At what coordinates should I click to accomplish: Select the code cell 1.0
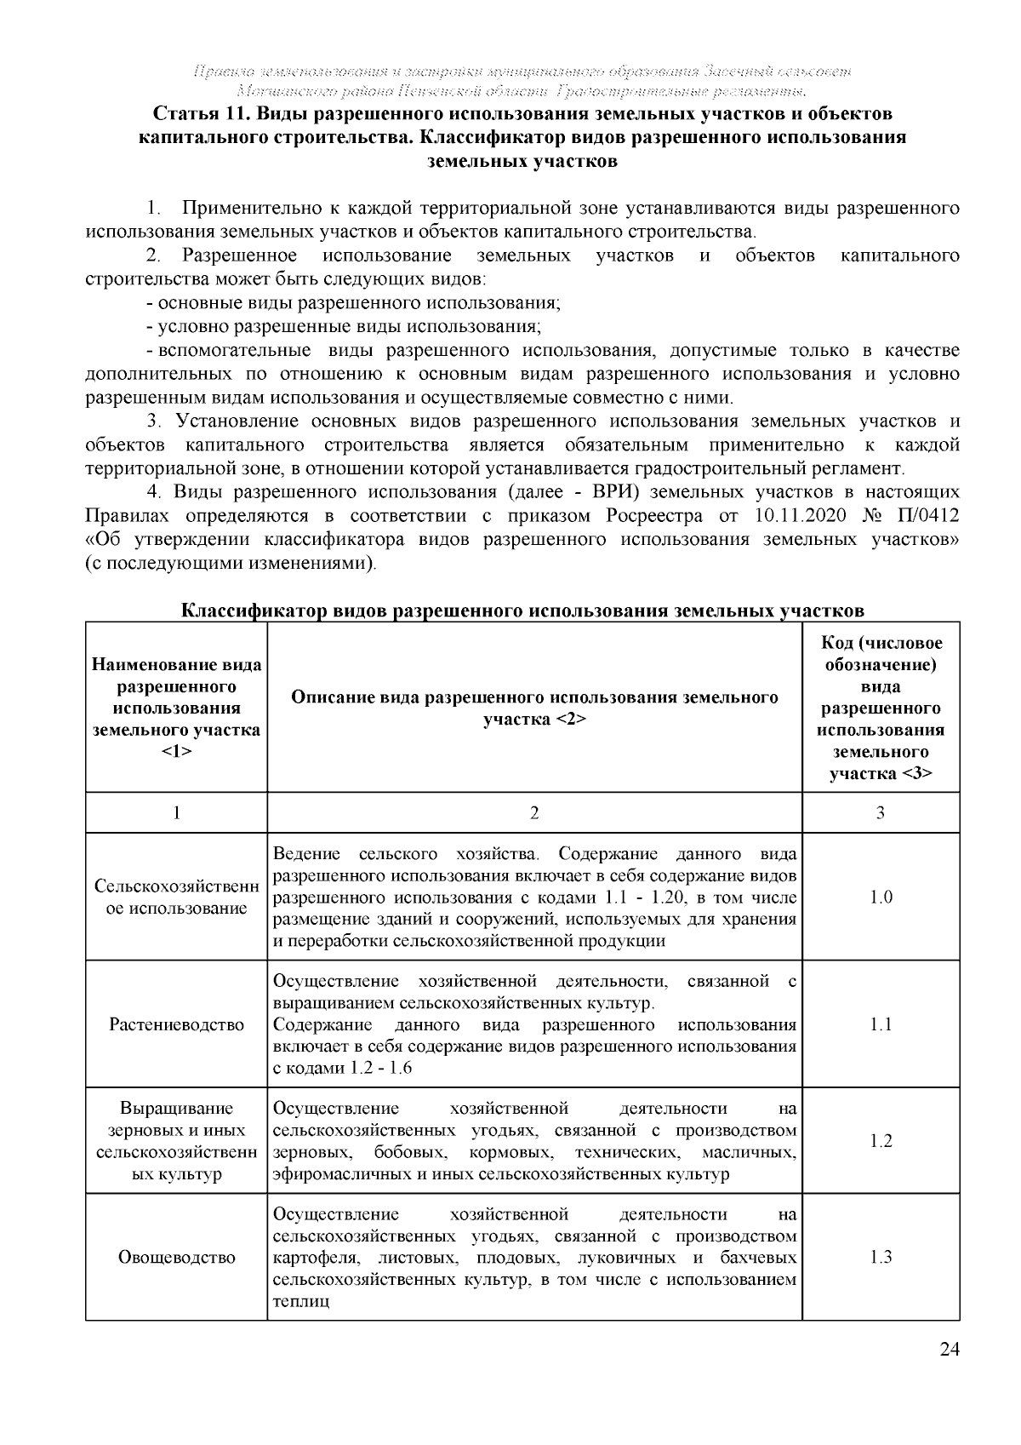pos(881,897)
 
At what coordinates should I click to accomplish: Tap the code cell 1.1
pos(881,1024)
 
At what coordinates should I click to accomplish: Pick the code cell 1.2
pos(881,1141)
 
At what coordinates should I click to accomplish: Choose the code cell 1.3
pos(881,1257)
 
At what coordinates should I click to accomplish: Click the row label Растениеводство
pos(176,1024)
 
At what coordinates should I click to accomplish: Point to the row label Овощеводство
pos(176,1257)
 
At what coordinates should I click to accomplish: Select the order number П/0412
pos(928,516)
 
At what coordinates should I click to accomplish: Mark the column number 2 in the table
pos(534,813)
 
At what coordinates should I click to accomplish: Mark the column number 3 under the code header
pos(881,813)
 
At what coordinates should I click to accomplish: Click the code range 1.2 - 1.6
pos(380,1069)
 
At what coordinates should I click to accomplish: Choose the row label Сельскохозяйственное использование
pos(176,897)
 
